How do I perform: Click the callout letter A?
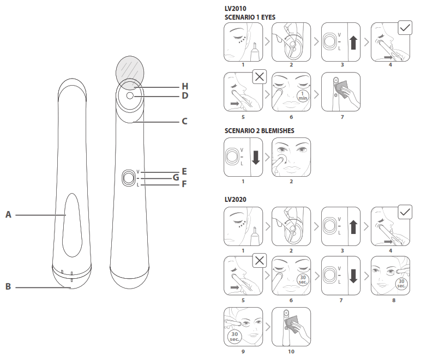click(8, 215)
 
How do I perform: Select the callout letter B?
click(8, 286)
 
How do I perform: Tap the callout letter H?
click(185, 86)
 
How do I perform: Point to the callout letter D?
click(185, 95)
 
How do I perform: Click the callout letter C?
click(184, 122)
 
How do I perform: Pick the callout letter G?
click(176, 177)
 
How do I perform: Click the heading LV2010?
click(236, 9)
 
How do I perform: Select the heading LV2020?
click(236, 200)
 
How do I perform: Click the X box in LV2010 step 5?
click(259, 77)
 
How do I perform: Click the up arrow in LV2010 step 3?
click(353, 43)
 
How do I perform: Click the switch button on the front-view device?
click(129, 178)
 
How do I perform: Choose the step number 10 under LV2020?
click(291, 351)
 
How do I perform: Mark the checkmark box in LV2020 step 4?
click(405, 213)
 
